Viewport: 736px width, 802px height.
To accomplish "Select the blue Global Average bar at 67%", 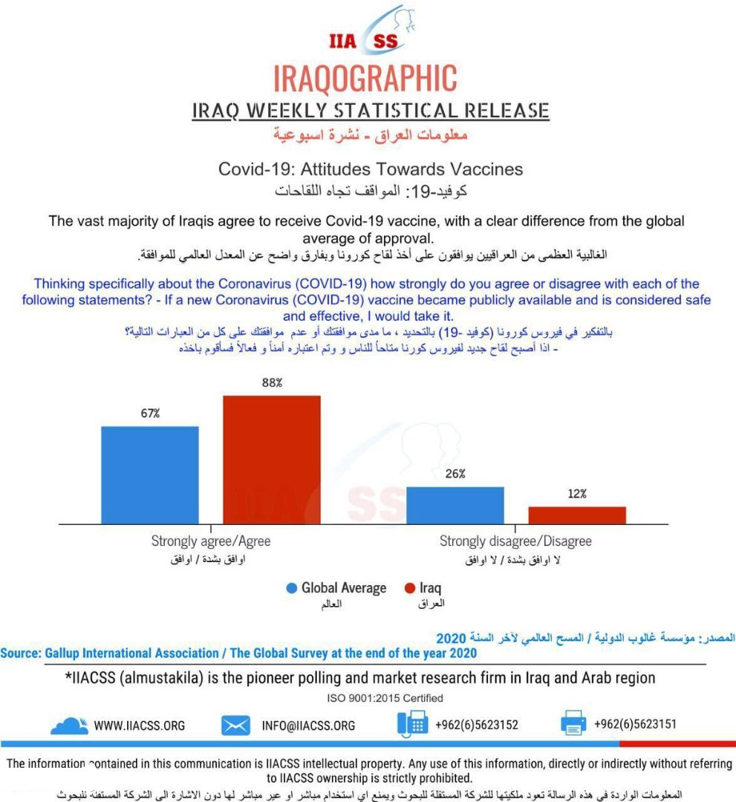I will (150, 475).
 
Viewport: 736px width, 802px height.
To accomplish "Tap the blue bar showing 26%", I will (455, 505).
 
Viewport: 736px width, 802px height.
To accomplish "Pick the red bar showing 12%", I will (577, 515).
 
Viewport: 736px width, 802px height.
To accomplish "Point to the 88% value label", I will (272, 382).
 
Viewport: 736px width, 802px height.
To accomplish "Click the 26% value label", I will (455, 474).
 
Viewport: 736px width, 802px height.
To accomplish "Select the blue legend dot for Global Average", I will (292, 588).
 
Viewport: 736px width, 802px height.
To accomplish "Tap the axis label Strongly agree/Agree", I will (211, 541).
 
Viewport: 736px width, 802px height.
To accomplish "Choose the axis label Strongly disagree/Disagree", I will (515, 541).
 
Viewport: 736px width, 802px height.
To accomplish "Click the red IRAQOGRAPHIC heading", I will (365, 77).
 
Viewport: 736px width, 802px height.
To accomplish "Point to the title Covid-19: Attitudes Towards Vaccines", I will (370, 169).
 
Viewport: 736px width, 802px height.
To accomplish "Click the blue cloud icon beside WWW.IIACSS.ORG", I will (69, 724).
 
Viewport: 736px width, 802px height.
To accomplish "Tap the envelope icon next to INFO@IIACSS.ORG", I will (235, 725).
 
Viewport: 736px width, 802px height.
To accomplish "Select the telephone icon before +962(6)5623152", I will (412, 723).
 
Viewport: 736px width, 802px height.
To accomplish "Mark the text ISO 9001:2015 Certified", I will (385, 698).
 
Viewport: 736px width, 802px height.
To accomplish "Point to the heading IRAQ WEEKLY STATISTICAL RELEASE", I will (370, 111).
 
